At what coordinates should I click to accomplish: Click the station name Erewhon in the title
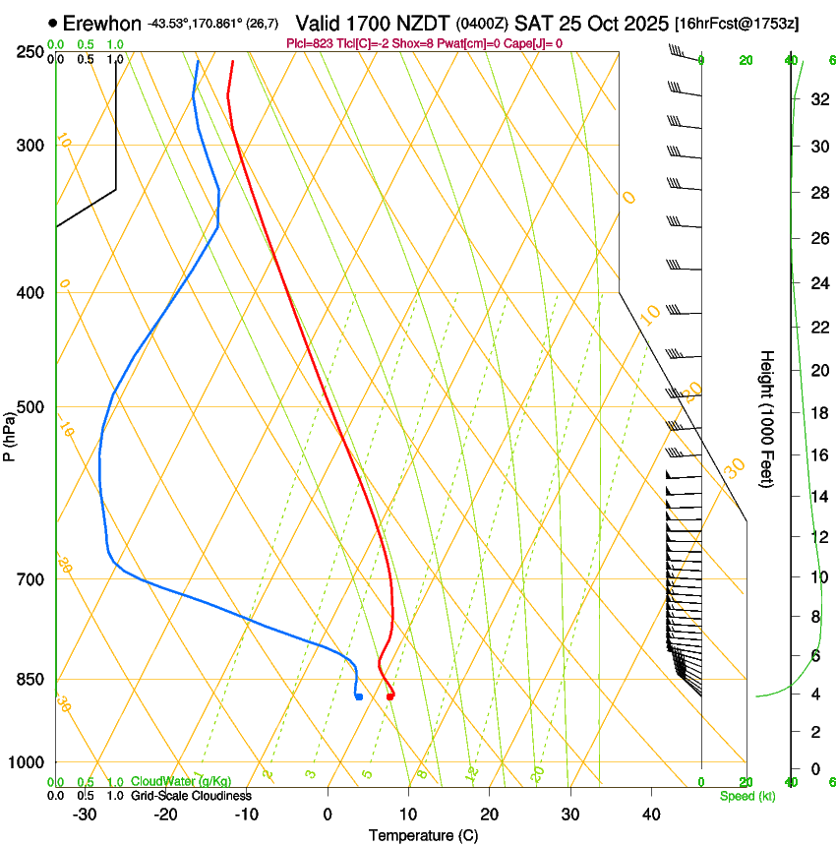(x=102, y=24)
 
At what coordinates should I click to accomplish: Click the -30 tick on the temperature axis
(x=85, y=814)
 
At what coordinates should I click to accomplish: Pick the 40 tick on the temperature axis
(x=650, y=814)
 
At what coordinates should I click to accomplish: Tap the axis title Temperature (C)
(x=423, y=835)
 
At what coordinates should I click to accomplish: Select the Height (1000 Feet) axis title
(x=768, y=418)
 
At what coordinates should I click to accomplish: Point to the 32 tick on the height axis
(x=817, y=99)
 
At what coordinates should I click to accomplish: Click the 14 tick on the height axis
(x=817, y=497)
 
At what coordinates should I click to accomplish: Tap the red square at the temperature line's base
(x=390, y=696)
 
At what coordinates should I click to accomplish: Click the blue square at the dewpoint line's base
(x=359, y=696)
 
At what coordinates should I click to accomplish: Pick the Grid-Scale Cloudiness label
(x=191, y=796)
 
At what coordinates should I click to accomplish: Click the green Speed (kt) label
(x=746, y=796)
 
